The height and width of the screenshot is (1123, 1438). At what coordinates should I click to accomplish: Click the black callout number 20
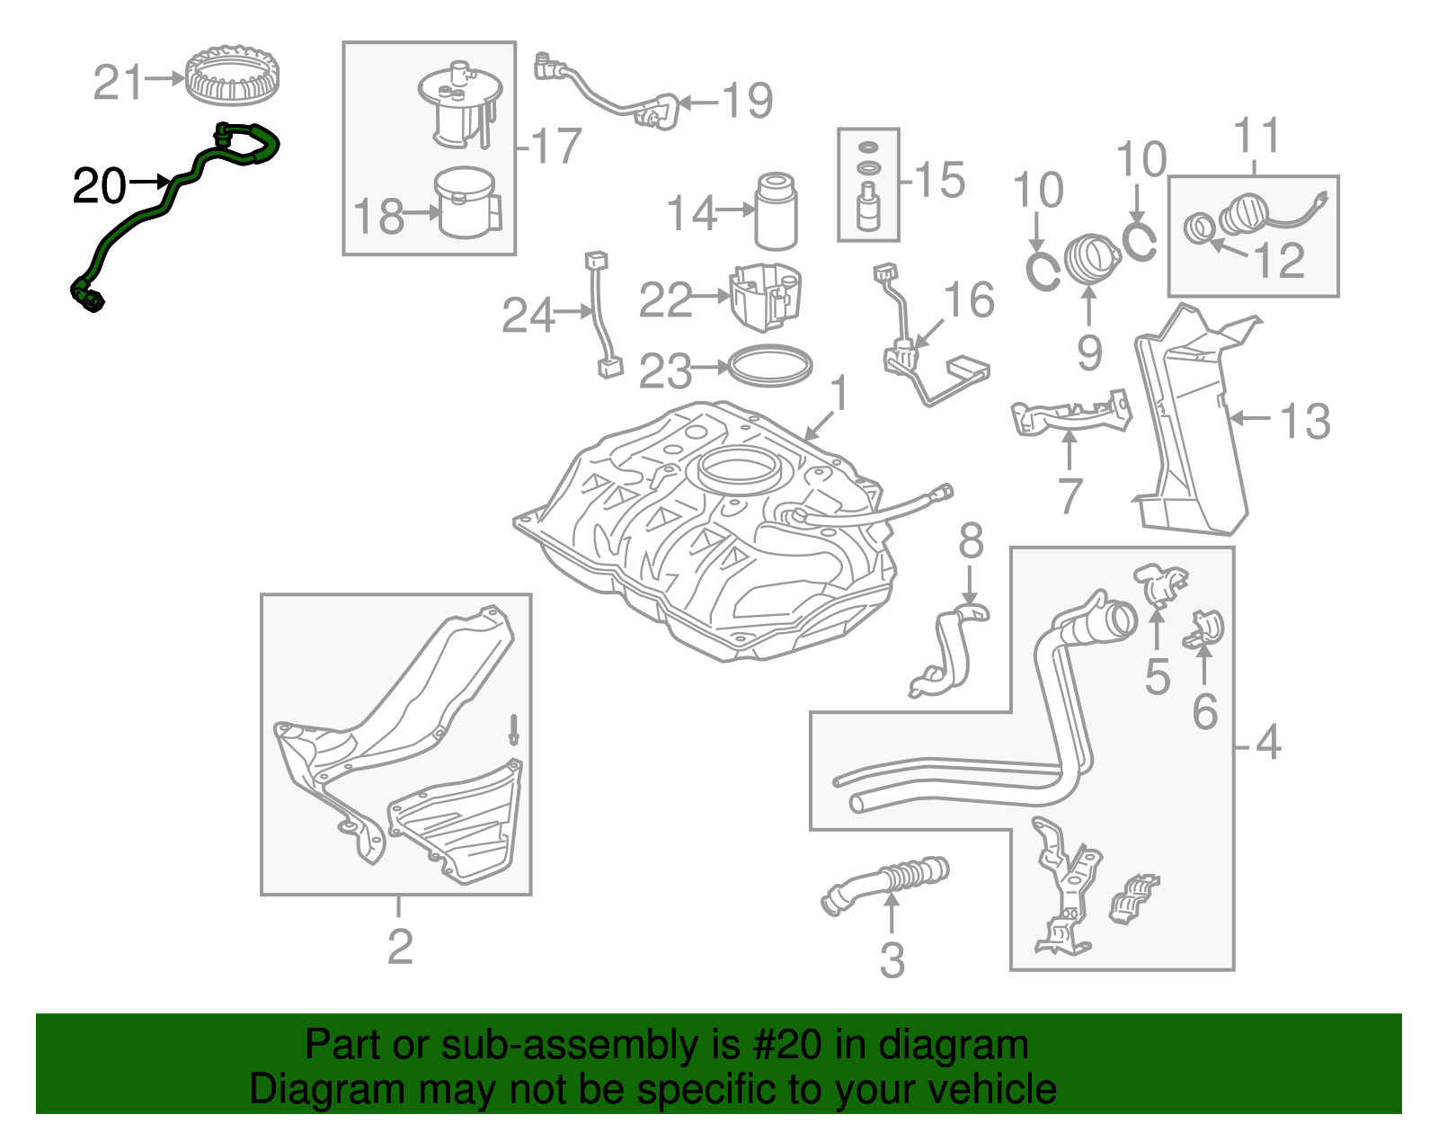pyautogui.click(x=99, y=186)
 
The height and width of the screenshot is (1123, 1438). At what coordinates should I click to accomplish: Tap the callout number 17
pyautogui.click(x=556, y=146)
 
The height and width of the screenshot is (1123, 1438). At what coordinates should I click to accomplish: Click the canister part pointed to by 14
pyautogui.click(x=776, y=211)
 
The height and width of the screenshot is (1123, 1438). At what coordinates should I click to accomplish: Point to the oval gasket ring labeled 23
pyautogui.click(x=769, y=366)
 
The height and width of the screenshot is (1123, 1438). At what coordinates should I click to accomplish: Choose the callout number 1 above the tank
pyautogui.click(x=839, y=394)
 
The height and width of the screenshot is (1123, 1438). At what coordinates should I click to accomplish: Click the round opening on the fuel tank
pyautogui.click(x=736, y=468)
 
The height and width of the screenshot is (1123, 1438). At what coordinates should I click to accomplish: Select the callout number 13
pyautogui.click(x=1305, y=421)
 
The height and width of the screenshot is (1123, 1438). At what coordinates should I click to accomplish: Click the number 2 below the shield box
pyautogui.click(x=400, y=946)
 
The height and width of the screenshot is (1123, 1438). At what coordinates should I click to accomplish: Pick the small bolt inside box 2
pyautogui.click(x=513, y=728)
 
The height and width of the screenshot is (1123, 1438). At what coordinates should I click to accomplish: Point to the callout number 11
pyautogui.click(x=1256, y=137)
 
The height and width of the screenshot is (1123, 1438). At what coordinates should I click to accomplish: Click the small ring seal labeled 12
pyautogui.click(x=1199, y=228)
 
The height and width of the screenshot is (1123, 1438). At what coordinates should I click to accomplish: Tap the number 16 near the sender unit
pyautogui.click(x=969, y=300)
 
